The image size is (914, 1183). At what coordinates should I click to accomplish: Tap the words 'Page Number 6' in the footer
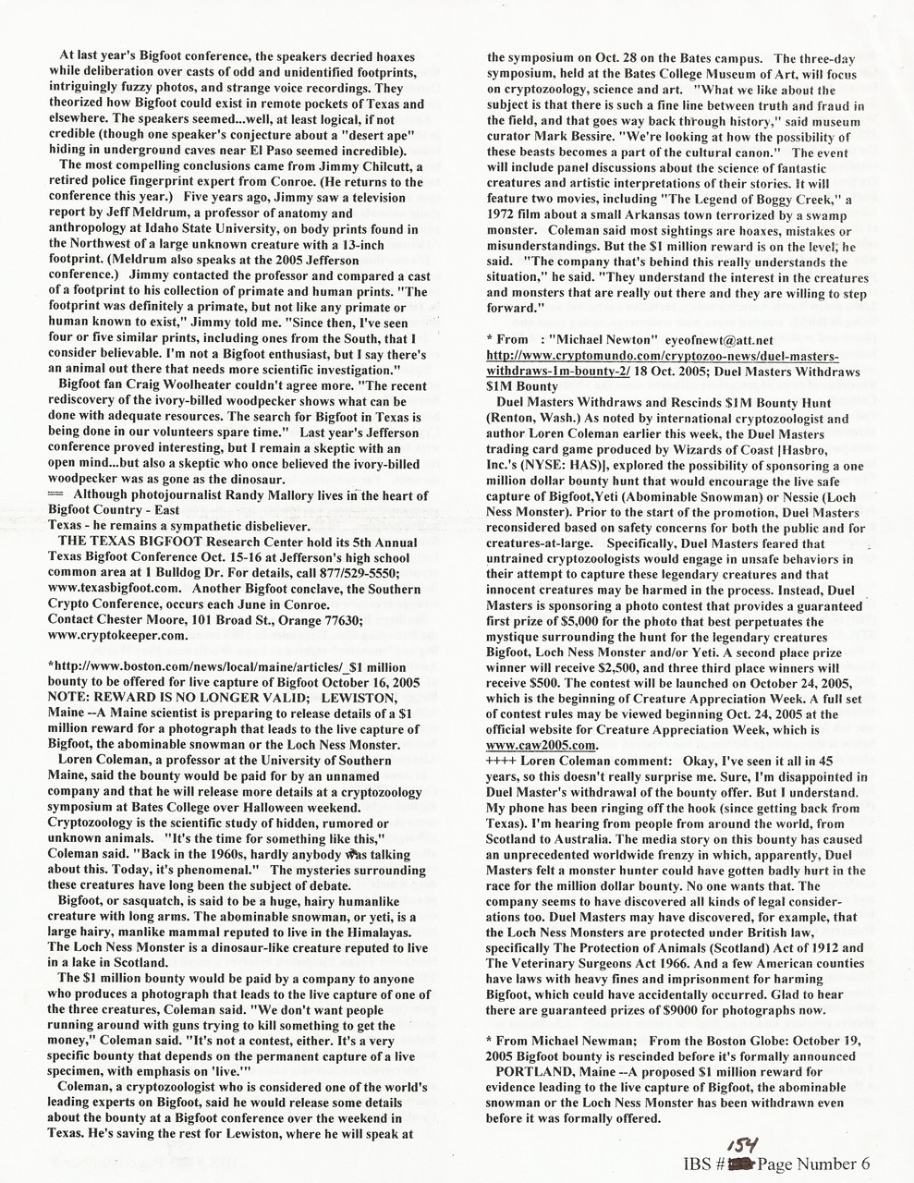pos(812,1163)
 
